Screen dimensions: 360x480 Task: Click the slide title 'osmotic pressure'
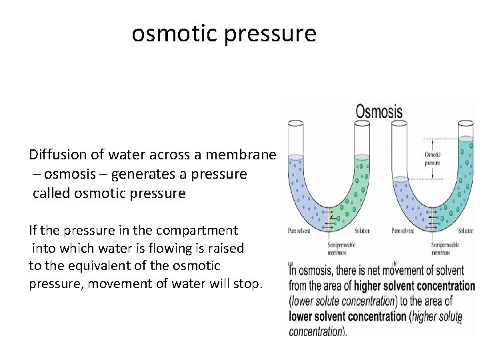[x=224, y=33]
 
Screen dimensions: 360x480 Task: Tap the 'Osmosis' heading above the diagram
[x=379, y=111]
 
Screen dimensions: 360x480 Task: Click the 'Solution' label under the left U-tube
[x=363, y=231]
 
